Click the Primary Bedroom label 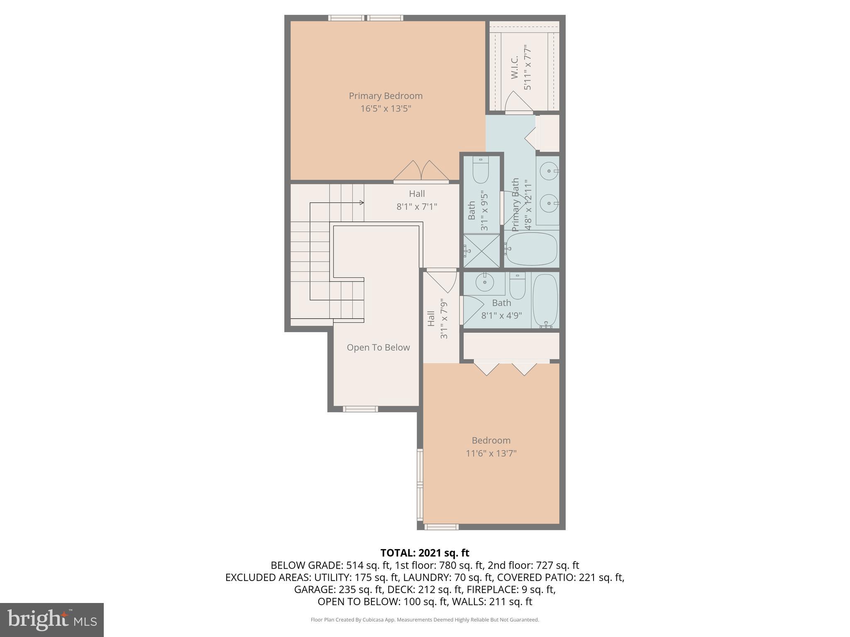point(386,96)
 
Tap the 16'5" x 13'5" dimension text point(386,109)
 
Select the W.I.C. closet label point(515,67)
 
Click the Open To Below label point(378,348)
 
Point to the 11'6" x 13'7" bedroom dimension point(491,453)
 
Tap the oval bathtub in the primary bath point(531,249)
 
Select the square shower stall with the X point(481,251)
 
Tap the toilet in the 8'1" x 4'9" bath point(517,286)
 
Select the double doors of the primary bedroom point(421,172)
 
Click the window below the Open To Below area point(360,409)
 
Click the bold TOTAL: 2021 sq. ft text point(425,553)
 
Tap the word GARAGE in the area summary point(315,589)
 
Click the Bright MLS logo point(52,620)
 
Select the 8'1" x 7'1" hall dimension point(417,207)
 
